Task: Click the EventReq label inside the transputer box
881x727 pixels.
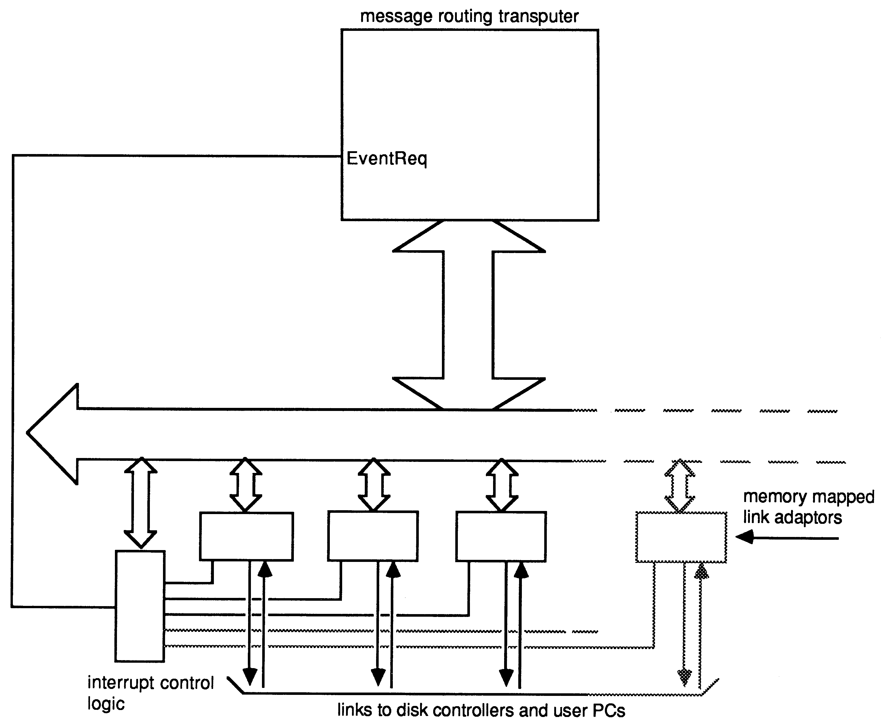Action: pos(386,159)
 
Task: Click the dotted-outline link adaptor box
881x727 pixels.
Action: pos(681,537)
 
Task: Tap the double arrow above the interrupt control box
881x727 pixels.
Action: pos(141,502)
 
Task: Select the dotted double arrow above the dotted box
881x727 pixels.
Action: pos(680,486)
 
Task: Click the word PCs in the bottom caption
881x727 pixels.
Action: pos(609,711)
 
